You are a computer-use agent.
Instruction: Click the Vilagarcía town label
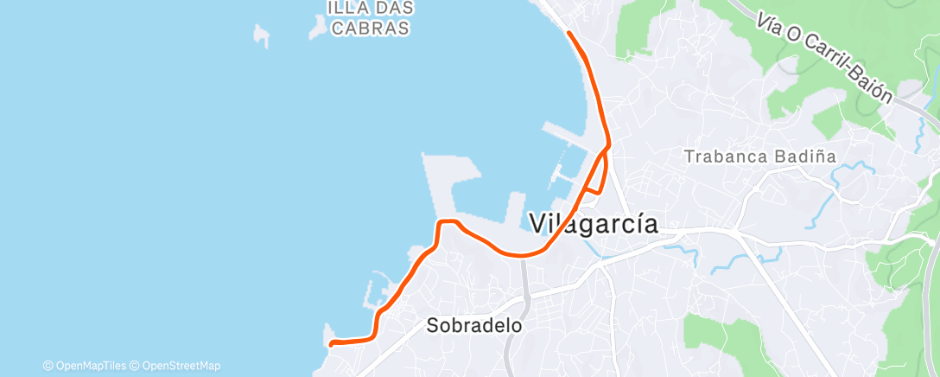pos(593,224)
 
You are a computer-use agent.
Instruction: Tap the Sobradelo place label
pos(475,326)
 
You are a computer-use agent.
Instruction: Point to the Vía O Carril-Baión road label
pos(822,57)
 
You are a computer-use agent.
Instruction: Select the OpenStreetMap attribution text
pos(177,366)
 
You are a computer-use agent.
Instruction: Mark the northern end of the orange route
pos(568,33)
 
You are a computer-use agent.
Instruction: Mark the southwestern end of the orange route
pos(333,343)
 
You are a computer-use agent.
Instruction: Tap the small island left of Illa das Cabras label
pos(261,35)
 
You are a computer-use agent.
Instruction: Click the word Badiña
pos(798,157)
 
